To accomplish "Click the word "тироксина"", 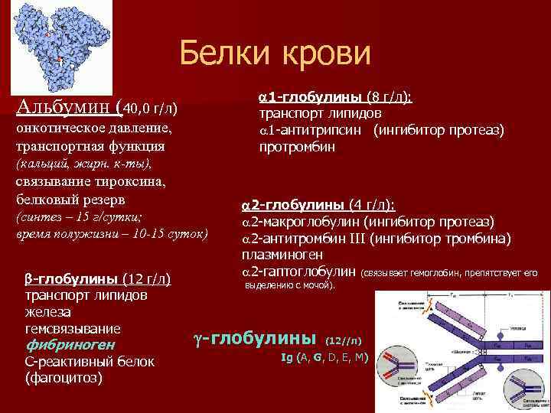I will [x=135, y=181].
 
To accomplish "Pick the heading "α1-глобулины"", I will [x=310, y=97].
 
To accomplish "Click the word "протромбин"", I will [x=297, y=146].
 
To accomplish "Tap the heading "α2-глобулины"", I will [x=292, y=205].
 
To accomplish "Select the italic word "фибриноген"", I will [x=70, y=345].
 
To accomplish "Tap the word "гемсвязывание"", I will [x=73, y=328].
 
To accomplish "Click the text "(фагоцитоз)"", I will [x=64, y=377].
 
